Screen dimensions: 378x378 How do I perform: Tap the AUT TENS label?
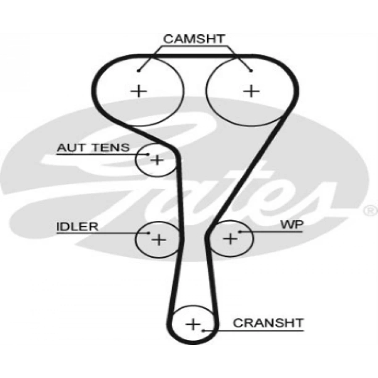93,147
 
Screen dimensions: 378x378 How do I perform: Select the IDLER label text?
77,227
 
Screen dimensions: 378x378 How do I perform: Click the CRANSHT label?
268,323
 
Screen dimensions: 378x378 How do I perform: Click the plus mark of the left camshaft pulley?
139,90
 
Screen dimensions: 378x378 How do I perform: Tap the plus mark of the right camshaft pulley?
251,90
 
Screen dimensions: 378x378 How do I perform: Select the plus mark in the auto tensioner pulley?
157,160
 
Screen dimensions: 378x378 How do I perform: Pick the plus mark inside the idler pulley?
158,239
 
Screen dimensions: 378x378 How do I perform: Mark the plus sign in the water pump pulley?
230,239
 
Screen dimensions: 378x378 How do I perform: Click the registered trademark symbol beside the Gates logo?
370,210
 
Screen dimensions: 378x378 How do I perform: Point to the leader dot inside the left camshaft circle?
138,71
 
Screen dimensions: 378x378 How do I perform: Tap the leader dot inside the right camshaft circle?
251,71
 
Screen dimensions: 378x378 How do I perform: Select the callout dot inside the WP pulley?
239,231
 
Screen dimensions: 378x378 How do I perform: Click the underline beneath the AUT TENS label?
101,154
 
